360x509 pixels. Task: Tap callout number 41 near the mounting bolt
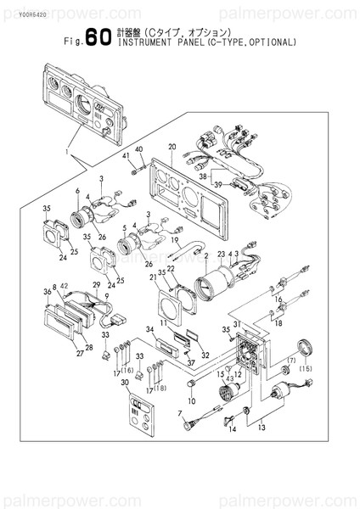click(125, 158)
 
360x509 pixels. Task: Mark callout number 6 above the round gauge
click(77, 190)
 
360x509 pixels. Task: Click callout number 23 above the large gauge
click(219, 254)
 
